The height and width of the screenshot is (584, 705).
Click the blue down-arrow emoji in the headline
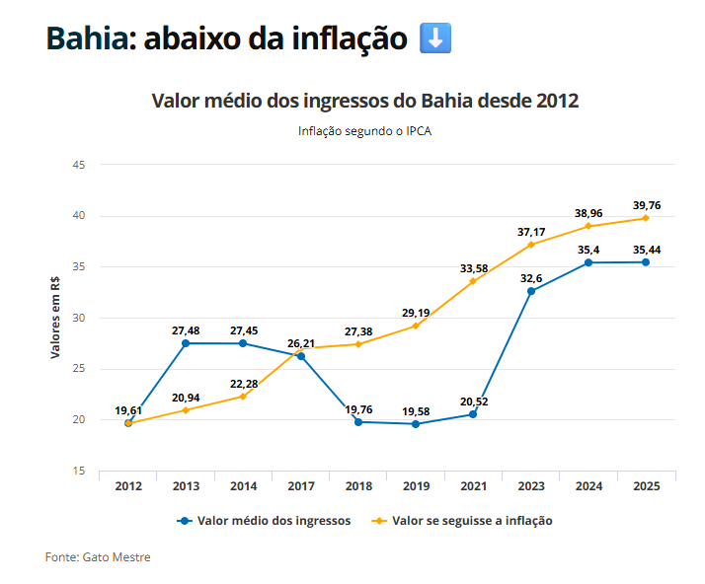[435, 38]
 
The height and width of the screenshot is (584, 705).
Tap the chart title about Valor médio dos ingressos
[364, 101]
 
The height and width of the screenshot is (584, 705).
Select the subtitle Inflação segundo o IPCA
[364, 130]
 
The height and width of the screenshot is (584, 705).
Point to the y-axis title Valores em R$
[56, 318]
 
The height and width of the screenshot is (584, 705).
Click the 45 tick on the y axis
[79, 165]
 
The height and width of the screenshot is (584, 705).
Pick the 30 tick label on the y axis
[79, 318]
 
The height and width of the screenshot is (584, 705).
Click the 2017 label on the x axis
[300, 486]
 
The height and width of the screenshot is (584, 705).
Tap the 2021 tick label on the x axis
[473, 486]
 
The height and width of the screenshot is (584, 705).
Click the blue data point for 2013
[186, 343]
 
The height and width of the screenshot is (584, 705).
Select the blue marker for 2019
[416, 424]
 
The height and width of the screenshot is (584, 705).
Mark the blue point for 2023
[531, 291]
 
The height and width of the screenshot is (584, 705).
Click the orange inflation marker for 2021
[473, 281]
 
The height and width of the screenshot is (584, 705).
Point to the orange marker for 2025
[646, 218]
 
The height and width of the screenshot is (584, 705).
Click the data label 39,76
[646, 205]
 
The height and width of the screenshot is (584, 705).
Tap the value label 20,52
[473, 401]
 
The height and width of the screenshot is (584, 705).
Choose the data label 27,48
[186, 330]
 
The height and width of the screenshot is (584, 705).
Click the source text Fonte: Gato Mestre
[98, 557]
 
